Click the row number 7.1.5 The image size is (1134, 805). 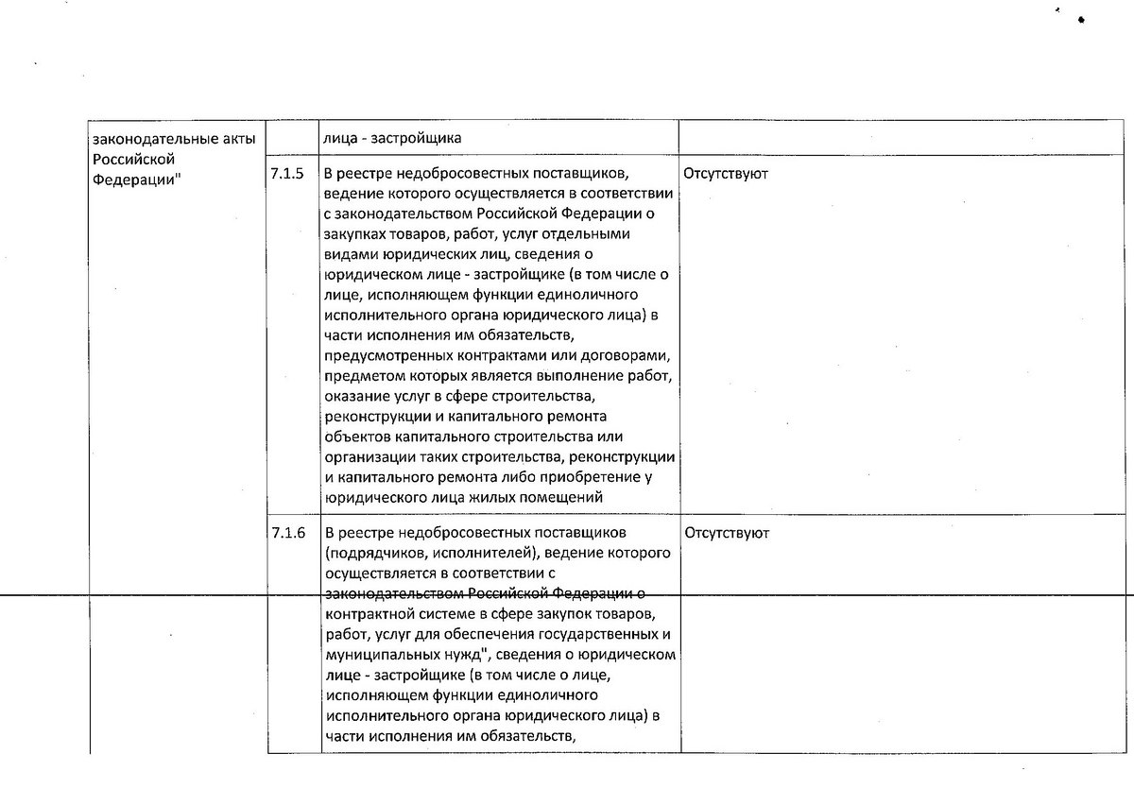(287, 175)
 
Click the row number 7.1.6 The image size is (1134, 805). (287, 533)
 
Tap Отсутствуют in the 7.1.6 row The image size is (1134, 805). (725, 533)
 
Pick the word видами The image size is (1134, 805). (345, 254)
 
